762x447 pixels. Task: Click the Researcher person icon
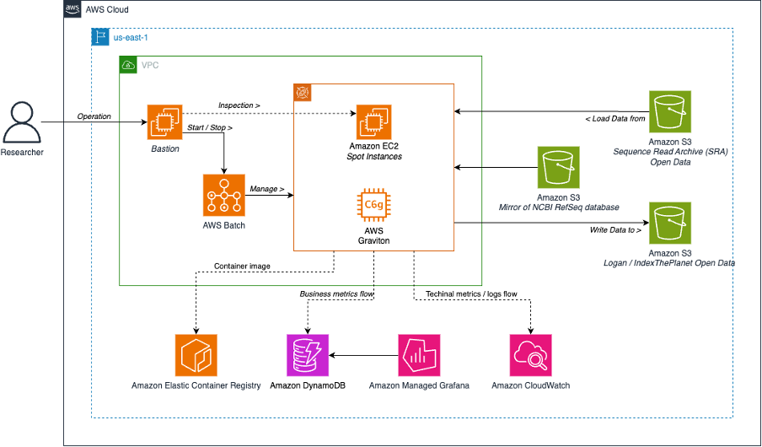[21, 122]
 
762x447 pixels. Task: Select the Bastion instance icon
[164, 122]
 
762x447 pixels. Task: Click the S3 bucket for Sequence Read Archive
[670, 110]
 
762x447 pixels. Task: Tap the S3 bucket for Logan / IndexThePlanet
[670, 223]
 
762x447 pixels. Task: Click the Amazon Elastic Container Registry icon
[196, 355]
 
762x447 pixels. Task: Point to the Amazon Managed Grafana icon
[419, 355]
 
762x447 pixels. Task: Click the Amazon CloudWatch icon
[531, 355]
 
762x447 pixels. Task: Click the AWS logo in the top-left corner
[74, 9]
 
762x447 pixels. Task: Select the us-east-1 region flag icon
[100, 37]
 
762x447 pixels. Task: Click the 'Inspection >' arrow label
[239, 105]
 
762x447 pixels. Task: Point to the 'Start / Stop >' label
[210, 127]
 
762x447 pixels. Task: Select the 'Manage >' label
[267, 189]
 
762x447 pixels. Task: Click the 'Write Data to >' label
[615, 229]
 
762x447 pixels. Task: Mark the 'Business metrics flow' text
[336, 294]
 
